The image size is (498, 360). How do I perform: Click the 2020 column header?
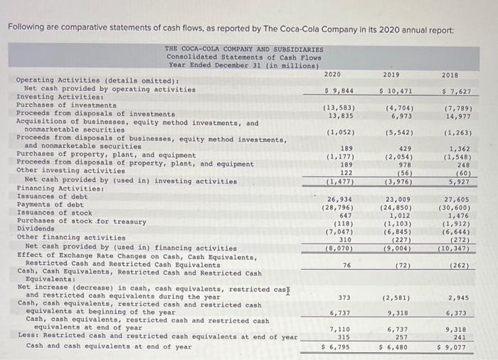coord(332,74)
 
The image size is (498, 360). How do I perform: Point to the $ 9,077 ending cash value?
coord(452,346)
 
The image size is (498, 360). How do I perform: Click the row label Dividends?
coord(36,229)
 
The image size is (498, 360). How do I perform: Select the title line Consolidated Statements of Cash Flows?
coord(244,57)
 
